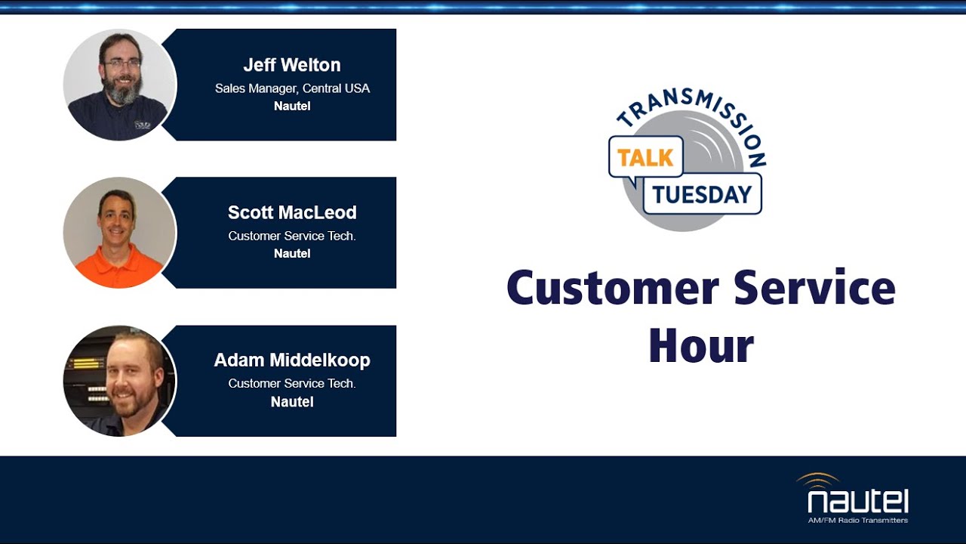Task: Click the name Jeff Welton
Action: tap(292, 65)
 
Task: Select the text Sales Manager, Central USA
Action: tap(292, 88)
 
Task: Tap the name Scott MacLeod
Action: tap(292, 212)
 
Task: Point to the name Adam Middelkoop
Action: tap(292, 360)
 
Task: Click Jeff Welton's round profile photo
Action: tap(120, 85)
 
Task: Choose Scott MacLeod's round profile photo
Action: tap(120, 232)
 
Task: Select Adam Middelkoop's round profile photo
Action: tap(120, 381)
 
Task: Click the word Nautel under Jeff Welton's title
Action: tap(292, 106)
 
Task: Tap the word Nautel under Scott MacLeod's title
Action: tap(292, 253)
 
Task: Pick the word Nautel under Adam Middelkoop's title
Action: tap(292, 402)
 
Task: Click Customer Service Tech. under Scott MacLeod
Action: tap(292, 236)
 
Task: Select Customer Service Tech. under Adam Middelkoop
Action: tap(292, 384)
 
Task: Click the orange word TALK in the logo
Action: tap(645, 158)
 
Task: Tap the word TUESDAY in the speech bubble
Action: tap(702, 195)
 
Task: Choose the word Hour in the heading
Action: tap(701, 346)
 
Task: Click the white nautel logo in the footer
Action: tap(857, 499)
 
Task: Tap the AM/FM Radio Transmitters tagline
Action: tap(857, 521)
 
